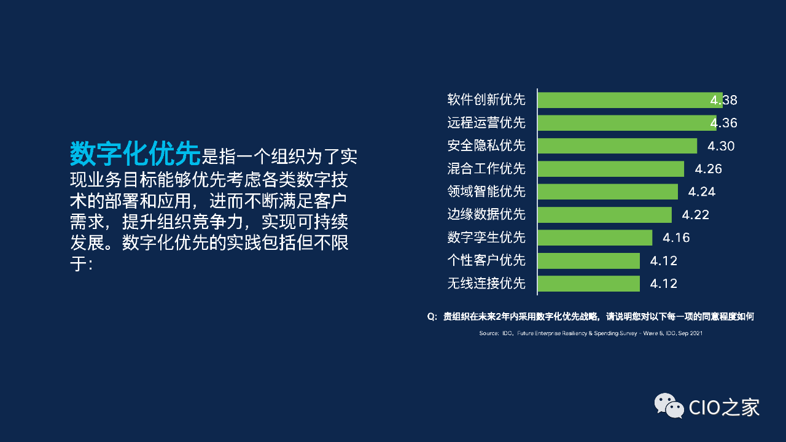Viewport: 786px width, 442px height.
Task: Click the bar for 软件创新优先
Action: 630,100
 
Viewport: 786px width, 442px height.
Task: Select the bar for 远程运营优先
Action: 627,123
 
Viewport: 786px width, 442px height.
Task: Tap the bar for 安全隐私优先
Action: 618,146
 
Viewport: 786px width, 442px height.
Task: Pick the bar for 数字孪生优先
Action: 595,238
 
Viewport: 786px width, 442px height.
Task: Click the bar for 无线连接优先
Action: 589,284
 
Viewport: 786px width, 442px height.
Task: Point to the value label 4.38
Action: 723,100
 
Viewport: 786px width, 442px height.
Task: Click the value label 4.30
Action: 721,146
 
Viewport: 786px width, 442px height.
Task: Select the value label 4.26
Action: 708,169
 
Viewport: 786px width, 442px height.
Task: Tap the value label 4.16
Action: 676,238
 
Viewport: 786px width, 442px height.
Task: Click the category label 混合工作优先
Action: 486,169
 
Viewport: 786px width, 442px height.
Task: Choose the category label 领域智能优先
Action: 486,192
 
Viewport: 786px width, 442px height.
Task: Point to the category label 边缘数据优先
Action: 486,214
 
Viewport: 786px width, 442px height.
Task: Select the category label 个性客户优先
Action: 486,260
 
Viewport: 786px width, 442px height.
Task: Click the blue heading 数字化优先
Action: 135,153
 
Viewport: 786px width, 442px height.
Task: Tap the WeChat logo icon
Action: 669,406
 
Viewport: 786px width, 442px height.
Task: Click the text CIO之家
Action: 724,407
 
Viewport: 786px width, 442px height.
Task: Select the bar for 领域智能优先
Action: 608,192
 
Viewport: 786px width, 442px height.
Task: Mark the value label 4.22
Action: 696,215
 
